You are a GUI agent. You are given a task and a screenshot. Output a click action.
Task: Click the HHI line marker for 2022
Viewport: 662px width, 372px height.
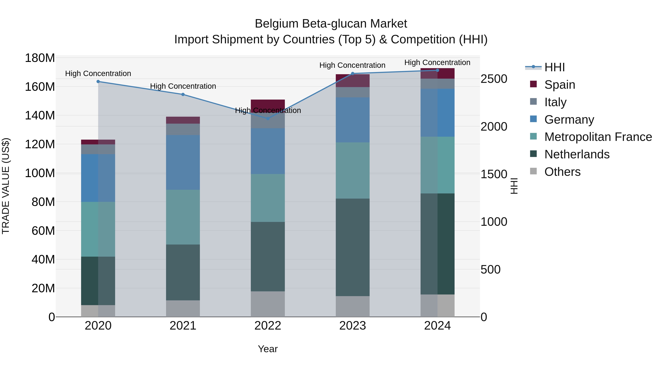[x=268, y=118]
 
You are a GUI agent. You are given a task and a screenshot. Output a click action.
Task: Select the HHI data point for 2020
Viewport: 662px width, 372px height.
[x=98, y=82]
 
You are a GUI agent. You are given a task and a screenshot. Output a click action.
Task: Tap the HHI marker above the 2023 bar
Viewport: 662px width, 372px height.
[x=353, y=73]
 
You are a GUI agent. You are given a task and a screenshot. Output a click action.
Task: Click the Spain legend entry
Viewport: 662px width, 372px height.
[x=559, y=85]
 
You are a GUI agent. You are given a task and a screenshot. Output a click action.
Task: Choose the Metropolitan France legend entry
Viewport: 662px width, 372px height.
[x=598, y=137]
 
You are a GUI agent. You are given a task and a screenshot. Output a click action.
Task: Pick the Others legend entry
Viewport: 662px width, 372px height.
[x=562, y=172]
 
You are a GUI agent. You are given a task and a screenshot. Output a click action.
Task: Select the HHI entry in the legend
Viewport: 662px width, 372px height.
[x=554, y=67]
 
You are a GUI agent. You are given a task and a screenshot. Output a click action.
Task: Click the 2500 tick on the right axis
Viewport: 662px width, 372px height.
[x=494, y=79]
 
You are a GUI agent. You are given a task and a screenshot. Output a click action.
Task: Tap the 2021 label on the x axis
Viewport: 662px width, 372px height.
[x=183, y=326]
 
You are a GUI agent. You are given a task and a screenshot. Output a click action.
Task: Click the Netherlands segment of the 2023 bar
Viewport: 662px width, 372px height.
[x=353, y=247]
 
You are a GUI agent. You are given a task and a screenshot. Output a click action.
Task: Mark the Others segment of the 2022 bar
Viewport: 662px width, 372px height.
[x=268, y=304]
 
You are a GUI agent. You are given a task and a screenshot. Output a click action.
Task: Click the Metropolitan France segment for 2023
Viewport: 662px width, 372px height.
[x=353, y=170]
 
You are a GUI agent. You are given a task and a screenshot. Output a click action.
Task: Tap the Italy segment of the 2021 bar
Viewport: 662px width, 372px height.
[x=183, y=129]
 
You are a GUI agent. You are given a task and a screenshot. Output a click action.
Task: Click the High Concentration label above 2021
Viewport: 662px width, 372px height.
[x=183, y=86]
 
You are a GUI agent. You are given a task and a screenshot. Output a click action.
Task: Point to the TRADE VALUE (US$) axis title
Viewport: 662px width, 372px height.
[x=6, y=186]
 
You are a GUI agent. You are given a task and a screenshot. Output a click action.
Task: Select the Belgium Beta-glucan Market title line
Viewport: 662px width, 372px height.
[x=331, y=24]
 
